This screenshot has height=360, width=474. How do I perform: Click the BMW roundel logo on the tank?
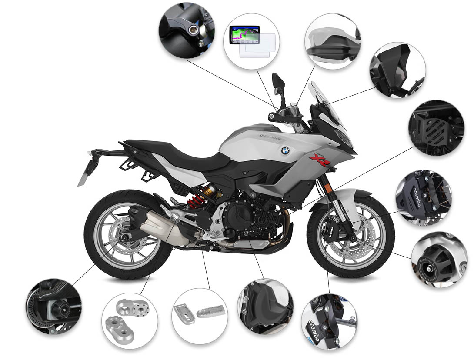click(285, 150)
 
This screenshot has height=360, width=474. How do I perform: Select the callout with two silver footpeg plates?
click(199, 316)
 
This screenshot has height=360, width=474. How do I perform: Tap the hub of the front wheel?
click(350, 237)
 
